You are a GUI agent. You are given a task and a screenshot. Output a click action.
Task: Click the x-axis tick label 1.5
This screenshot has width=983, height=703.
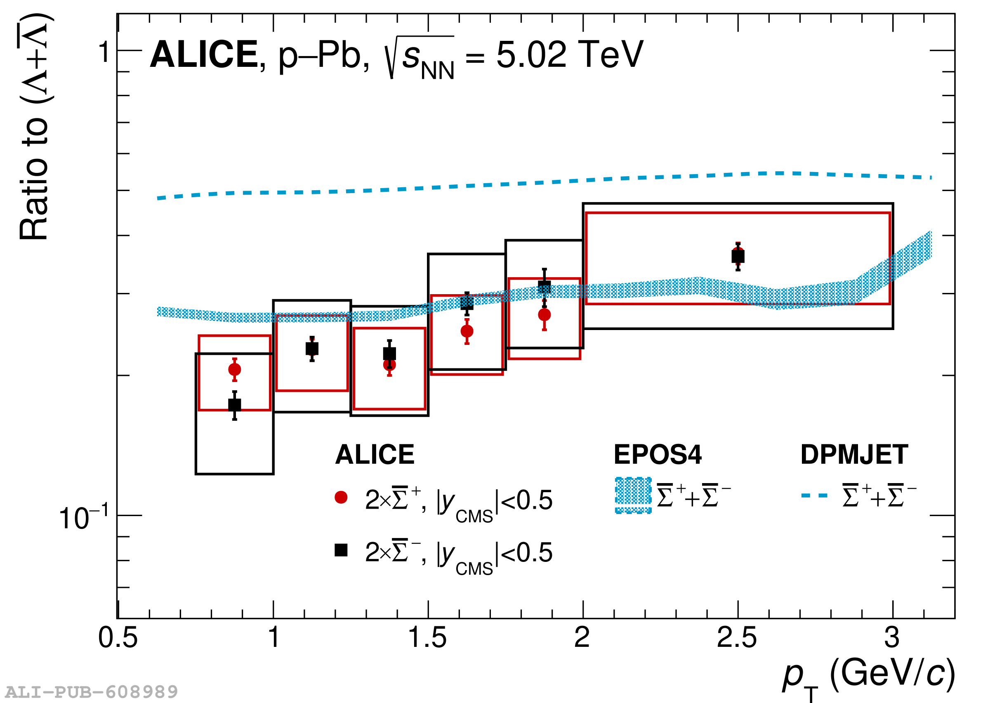[x=427, y=638]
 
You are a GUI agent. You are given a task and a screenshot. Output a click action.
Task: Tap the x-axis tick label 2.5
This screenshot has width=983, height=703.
[x=737, y=638]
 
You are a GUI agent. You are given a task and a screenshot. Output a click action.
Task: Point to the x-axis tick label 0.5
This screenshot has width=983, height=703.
[x=118, y=638]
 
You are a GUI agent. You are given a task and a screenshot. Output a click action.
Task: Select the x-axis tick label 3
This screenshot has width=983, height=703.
[x=892, y=638]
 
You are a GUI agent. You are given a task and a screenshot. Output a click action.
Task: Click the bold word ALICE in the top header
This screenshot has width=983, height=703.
[x=204, y=54]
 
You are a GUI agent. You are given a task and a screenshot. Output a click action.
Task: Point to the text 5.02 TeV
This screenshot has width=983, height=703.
[x=570, y=54]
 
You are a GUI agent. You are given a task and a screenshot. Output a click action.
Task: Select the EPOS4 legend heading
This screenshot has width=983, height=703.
[x=658, y=455]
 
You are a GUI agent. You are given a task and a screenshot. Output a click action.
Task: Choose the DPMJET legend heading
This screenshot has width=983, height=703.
[x=854, y=455]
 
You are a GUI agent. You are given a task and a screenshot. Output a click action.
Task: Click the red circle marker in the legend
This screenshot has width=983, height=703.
[x=341, y=498]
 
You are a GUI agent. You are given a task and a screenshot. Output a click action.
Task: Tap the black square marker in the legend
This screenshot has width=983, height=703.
[x=341, y=550]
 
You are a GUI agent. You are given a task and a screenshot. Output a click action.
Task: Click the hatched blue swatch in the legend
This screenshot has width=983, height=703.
[x=633, y=495]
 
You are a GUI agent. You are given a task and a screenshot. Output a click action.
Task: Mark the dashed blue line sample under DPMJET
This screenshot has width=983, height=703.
[x=814, y=495]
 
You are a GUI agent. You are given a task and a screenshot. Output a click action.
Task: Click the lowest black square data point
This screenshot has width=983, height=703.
[x=235, y=405]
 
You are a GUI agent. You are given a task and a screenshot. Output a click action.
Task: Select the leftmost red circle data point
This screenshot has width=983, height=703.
[x=235, y=370]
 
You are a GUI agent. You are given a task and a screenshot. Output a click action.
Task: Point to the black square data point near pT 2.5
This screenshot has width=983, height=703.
[x=738, y=257]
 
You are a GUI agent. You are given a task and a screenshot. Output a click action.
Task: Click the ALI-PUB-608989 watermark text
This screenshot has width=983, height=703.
[x=91, y=692]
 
